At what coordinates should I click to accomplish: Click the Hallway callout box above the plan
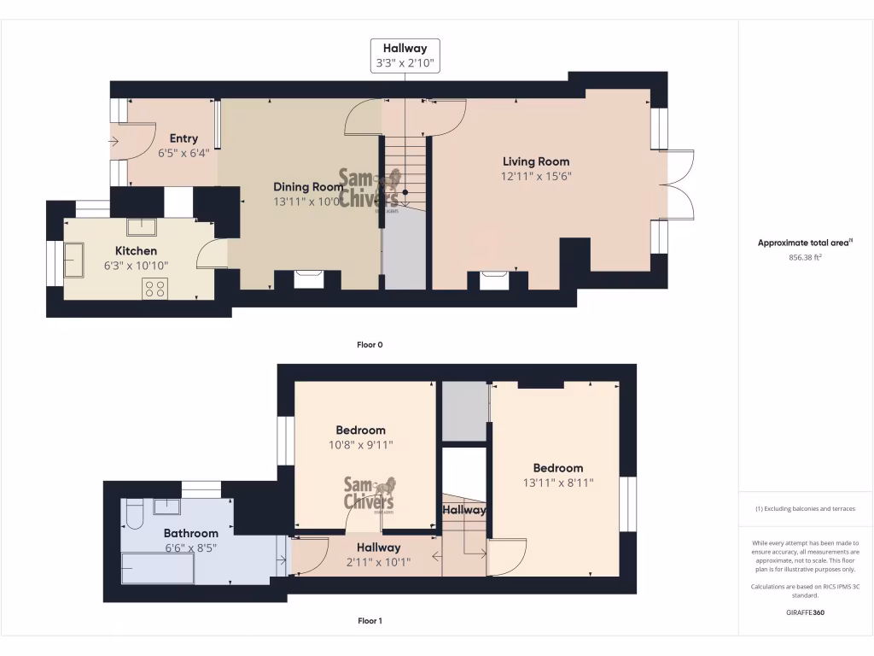pyautogui.click(x=405, y=56)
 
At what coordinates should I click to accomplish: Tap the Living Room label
pyautogui.click(x=535, y=161)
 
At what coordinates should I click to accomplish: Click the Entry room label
pyautogui.click(x=184, y=138)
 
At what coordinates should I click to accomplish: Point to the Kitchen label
pyautogui.click(x=137, y=251)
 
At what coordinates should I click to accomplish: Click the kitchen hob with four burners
pyautogui.click(x=155, y=289)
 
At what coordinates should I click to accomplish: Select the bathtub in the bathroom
pyautogui.click(x=157, y=567)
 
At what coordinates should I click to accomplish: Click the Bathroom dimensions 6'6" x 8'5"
pyautogui.click(x=191, y=548)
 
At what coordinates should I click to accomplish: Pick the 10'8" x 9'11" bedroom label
pyautogui.click(x=360, y=445)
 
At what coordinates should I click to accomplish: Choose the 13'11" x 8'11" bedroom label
pyautogui.click(x=558, y=483)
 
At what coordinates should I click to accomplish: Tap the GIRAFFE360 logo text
pyautogui.click(x=806, y=612)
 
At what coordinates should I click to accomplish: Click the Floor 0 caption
pyautogui.click(x=370, y=345)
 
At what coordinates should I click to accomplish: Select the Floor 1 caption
pyautogui.click(x=370, y=621)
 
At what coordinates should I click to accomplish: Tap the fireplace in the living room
pyautogui.click(x=494, y=279)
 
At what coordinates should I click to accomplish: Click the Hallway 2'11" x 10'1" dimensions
pyautogui.click(x=378, y=562)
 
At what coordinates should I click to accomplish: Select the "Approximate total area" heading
pyautogui.click(x=804, y=243)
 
